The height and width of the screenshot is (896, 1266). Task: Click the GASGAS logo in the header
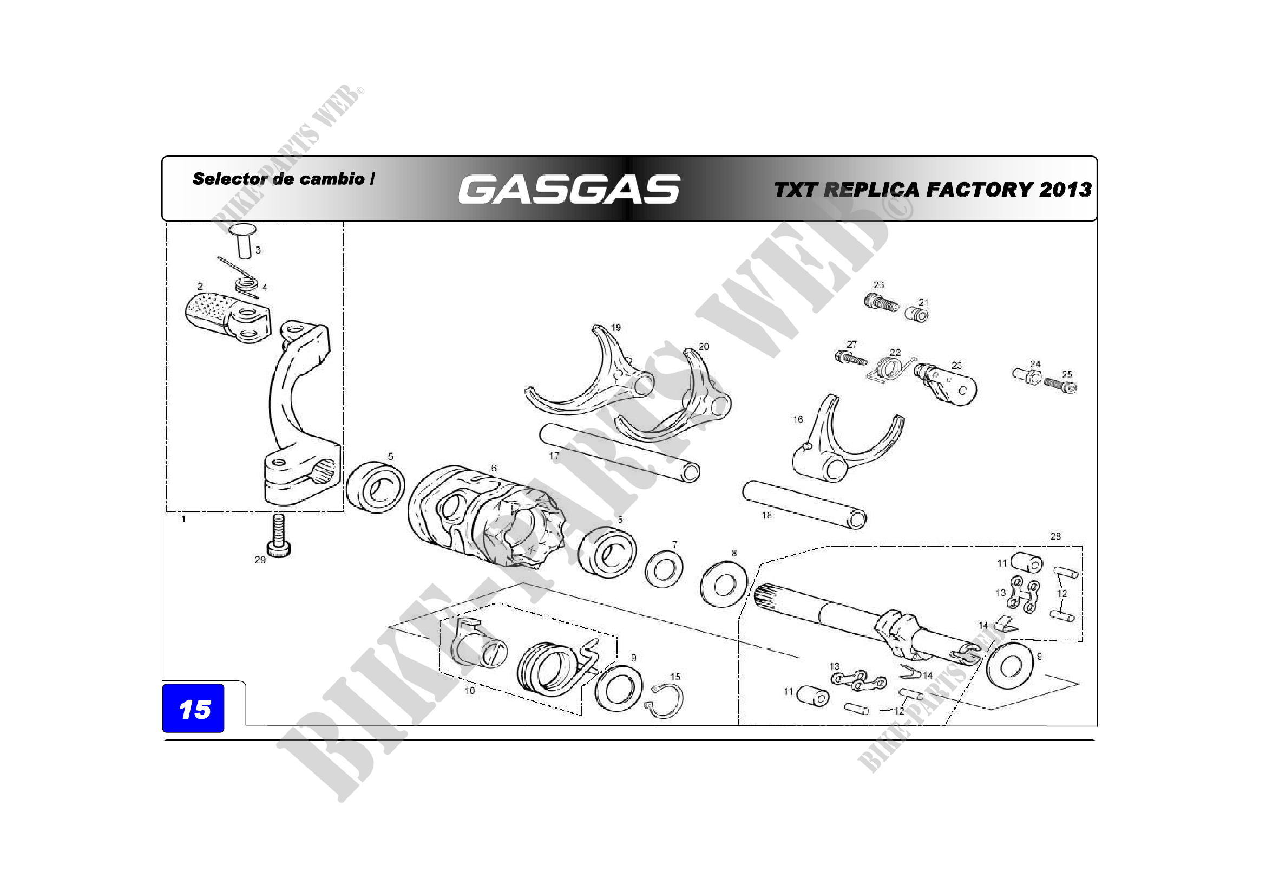(x=569, y=189)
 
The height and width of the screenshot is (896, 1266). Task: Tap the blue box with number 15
(x=193, y=709)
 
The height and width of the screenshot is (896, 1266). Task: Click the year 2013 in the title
(x=1065, y=189)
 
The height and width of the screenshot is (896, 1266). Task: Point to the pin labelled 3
(x=242, y=240)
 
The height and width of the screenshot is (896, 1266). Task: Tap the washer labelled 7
(x=664, y=569)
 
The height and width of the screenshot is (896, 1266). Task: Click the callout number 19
(x=616, y=327)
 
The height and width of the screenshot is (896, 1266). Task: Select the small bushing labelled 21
(x=916, y=315)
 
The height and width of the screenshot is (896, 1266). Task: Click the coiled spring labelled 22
(x=889, y=368)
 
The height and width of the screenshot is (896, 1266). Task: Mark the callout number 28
(x=1055, y=536)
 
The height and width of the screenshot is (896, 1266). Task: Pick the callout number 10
(x=469, y=690)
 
